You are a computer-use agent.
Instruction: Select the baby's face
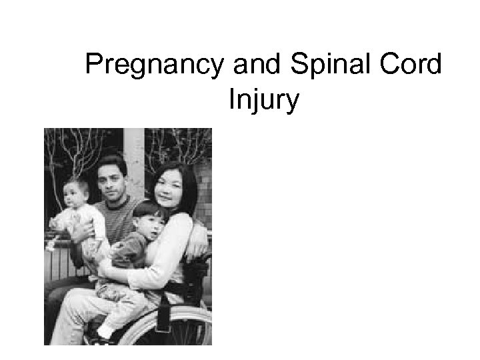click(x=75, y=195)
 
